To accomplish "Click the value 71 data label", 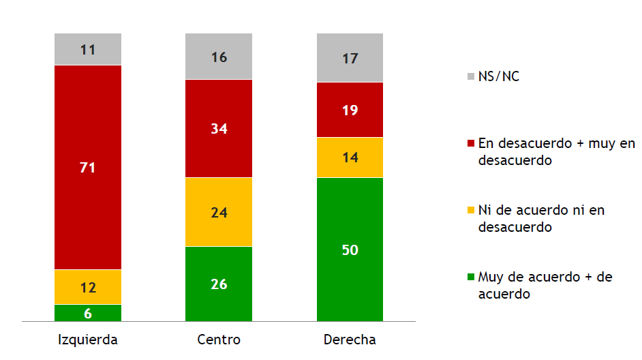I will coord(88,168).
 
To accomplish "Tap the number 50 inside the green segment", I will coord(350,250).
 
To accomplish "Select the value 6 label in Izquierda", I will coord(88,313).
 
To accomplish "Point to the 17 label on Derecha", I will coord(350,59).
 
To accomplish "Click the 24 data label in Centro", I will coord(219,213).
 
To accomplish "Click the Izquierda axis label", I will coord(88,340).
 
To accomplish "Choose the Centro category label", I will coord(219,340).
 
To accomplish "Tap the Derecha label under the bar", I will coord(350,340).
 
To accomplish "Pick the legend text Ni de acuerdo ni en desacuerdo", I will coord(541,218).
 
